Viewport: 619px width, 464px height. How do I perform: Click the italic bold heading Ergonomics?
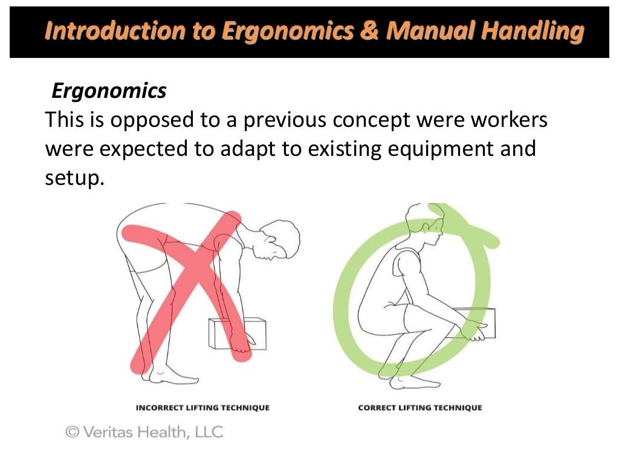(109, 91)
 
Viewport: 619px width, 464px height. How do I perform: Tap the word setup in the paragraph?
(70, 178)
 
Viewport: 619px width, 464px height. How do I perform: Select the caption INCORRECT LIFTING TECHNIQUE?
(203, 408)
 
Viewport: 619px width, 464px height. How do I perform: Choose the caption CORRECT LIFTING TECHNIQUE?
(420, 408)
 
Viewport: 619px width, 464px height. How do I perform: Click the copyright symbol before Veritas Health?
(73, 432)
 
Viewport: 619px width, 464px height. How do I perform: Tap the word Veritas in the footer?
(111, 432)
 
